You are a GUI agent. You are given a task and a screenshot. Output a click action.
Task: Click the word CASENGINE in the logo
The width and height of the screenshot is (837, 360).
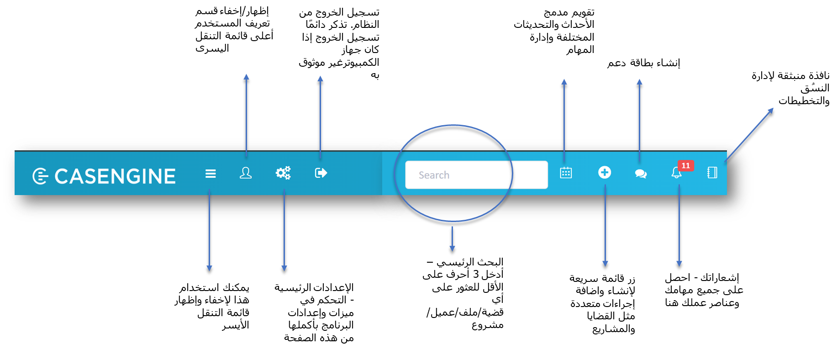click(x=115, y=176)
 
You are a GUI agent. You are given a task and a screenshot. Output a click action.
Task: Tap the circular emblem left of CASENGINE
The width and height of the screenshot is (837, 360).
click(x=40, y=176)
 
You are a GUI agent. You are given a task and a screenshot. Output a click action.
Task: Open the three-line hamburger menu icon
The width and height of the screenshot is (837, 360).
click(x=211, y=174)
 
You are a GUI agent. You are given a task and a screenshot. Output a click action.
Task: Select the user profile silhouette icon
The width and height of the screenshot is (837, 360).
click(x=246, y=173)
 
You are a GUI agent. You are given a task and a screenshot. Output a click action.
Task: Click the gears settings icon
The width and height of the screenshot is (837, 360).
click(x=283, y=173)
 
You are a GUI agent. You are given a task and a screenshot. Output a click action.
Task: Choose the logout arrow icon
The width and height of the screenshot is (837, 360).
click(x=321, y=173)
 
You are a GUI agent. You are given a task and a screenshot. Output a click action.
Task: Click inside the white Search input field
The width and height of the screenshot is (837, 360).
click(x=476, y=175)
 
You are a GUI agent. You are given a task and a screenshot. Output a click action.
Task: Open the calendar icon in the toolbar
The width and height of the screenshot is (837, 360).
click(x=566, y=173)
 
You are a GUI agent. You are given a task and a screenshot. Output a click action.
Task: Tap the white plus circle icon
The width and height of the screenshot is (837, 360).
click(x=605, y=172)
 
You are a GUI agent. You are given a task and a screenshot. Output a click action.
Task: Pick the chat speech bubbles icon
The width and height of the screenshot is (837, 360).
click(x=641, y=173)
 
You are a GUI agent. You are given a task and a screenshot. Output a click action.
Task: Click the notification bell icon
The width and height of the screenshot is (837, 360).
click(x=676, y=173)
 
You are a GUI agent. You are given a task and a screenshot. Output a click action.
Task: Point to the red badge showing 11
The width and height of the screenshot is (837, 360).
click(x=685, y=165)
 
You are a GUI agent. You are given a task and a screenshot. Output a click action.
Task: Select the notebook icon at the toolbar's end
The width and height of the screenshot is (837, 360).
click(x=712, y=172)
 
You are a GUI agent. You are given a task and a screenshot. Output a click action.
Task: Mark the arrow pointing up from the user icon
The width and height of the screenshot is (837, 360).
click(x=246, y=114)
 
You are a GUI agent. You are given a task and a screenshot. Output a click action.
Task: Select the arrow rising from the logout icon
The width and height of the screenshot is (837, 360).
click(x=320, y=114)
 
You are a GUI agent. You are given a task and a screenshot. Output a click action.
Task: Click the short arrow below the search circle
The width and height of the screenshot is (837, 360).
click(x=452, y=238)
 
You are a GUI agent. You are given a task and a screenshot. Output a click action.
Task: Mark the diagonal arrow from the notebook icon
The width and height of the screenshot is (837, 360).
click(x=749, y=134)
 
